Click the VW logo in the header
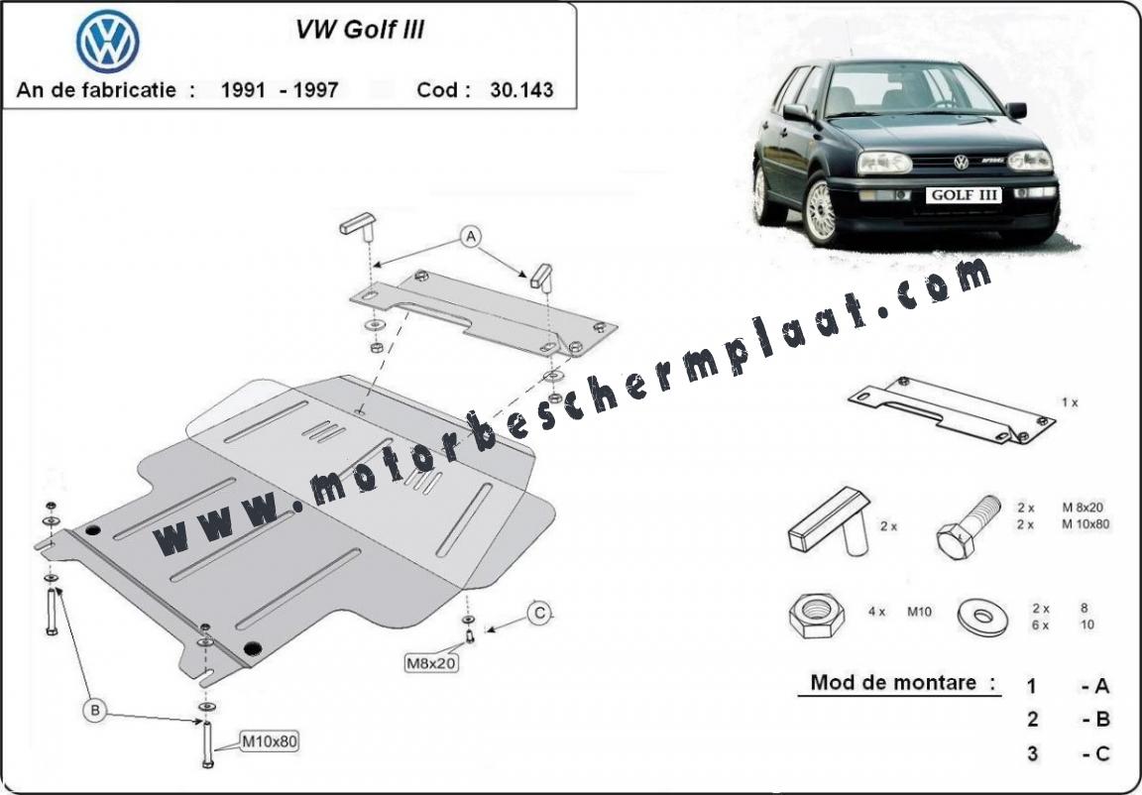pyautogui.click(x=107, y=40)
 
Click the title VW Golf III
pyautogui.click(x=359, y=29)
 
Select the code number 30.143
pyautogui.click(x=521, y=89)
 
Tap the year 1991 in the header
pyautogui.click(x=243, y=89)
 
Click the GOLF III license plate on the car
pyautogui.click(x=964, y=195)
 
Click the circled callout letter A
pyautogui.click(x=471, y=237)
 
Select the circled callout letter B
pyautogui.click(x=94, y=710)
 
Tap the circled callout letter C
pyautogui.click(x=539, y=614)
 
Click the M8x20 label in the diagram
pyautogui.click(x=432, y=662)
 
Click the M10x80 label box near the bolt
pyautogui.click(x=270, y=741)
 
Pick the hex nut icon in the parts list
pyautogui.click(x=817, y=616)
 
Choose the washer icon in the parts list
pyautogui.click(x=983, y=618)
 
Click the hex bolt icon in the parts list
pyautogui.click(x=968, y=527)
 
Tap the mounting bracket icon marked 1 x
pyautogui.click(x=952, y=410)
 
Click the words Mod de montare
pyautogui.click(x=893, y=683)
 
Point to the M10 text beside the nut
pyautogui.click(x=919, y=612)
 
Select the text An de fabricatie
pyautogui.click(x=96, y=89)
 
